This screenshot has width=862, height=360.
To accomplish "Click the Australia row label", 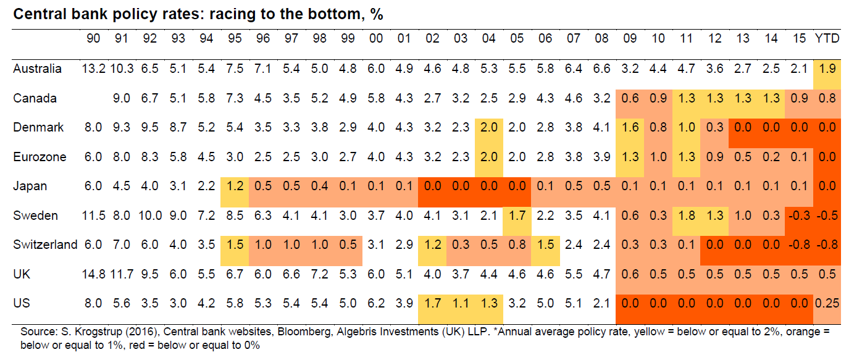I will coord(37,69).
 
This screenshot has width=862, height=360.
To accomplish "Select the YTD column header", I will coord(827,38).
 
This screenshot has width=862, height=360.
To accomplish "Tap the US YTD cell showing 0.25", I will coord(827,303).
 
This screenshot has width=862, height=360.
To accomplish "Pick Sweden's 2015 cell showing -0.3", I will coord(799,216).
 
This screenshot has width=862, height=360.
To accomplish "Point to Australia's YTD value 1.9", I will coord(827,69).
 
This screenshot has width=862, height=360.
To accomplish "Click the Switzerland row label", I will coord(45,245).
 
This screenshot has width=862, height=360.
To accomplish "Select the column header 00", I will coord(375,38).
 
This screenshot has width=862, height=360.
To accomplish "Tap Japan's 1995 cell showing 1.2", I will coord(235,186).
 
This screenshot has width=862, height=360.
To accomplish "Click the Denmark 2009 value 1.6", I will coord(630,127).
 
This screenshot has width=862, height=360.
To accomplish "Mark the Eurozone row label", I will coord(40,157).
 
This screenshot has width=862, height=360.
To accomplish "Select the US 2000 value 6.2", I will coord(375,303).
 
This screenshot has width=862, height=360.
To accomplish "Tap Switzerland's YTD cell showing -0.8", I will coord(827,245).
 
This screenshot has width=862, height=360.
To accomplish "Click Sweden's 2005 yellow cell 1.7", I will coord(516,216).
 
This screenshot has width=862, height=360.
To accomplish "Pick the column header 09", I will coord(630,38).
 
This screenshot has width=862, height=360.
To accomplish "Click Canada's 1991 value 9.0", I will coord(122,98).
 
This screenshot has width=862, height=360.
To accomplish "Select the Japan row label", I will coord(30,186).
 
